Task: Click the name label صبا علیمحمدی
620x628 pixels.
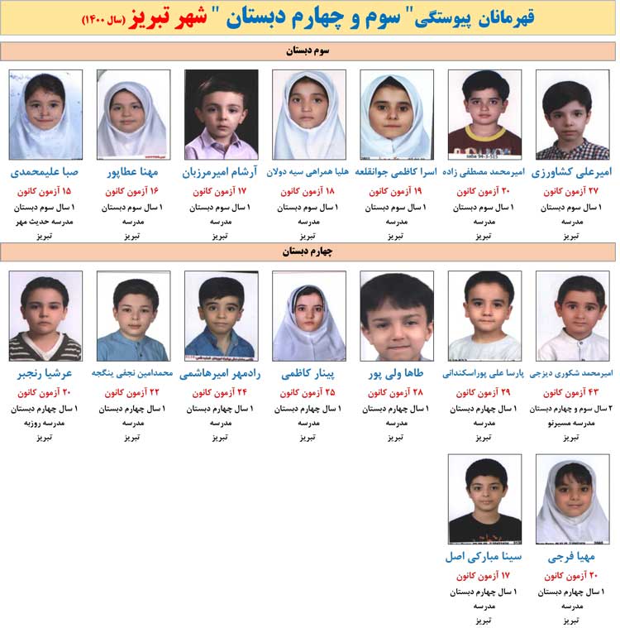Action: click(x=45, y=172)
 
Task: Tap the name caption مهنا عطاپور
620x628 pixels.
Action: click(x=133, y=172)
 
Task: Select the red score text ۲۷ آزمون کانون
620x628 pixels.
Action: click(x=572, y=191)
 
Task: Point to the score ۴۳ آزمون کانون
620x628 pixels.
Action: click(x=572, y=392)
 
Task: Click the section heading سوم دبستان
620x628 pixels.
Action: click(x=308, y=51)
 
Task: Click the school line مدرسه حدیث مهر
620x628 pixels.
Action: click(x=45, y=222)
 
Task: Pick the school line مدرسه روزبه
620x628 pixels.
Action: click(x=45, y=423)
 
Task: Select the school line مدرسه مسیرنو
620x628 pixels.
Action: click(x=572, y=423)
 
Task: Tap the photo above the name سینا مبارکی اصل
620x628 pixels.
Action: click(x=484, y=499)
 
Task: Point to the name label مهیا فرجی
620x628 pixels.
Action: click(x=572, y=557)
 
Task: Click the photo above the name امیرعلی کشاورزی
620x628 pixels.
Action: click(x=572, y=114)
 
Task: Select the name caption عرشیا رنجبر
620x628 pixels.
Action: click(x=45, y=373)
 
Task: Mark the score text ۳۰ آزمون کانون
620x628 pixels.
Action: click(x=484, y=191)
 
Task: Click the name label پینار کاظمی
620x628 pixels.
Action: click(x=308, y=373)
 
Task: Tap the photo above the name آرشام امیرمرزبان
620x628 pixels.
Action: click(x=221, y=114)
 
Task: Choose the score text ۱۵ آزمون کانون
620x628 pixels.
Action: click(x=45, y=191)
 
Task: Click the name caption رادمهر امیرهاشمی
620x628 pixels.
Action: click(x=221, y=373)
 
